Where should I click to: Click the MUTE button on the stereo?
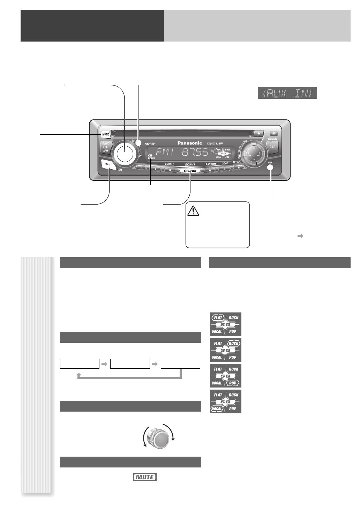[x=105, y=134]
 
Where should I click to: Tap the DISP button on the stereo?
[x=272, y=147]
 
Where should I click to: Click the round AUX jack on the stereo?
[x=270, y=167]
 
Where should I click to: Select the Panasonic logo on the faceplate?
[x=190, y=143]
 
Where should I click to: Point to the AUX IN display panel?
[x=287, y=93]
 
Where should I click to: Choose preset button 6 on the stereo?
[x=238, y=168]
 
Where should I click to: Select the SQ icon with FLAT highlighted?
[x=226, y=324]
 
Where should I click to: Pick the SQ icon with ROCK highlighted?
[x=226, y=350]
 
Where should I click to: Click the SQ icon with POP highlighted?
[x=226, y=376]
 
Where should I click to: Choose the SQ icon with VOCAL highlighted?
[x=226, y=401]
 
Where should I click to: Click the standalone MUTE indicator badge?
[x=145, y=477]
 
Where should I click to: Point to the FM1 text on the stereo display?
[x=166, y=153]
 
